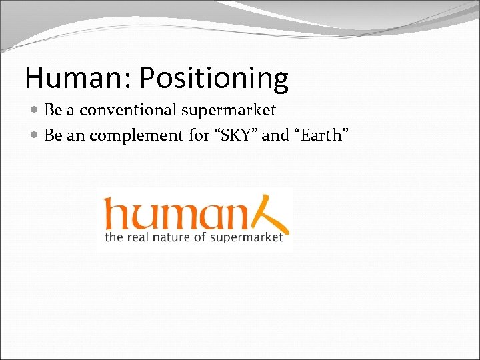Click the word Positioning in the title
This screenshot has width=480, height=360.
[214, 79]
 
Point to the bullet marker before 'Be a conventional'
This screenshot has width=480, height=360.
[35, 111]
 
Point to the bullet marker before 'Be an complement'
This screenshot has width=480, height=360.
[35, 136]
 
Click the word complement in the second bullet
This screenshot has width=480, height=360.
[137, 136]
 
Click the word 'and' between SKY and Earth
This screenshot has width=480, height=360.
[275, 135]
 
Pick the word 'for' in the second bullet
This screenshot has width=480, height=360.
[199, 135]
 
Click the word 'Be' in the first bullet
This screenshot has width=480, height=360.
[52, 110]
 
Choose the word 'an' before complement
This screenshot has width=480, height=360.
[73, 136]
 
